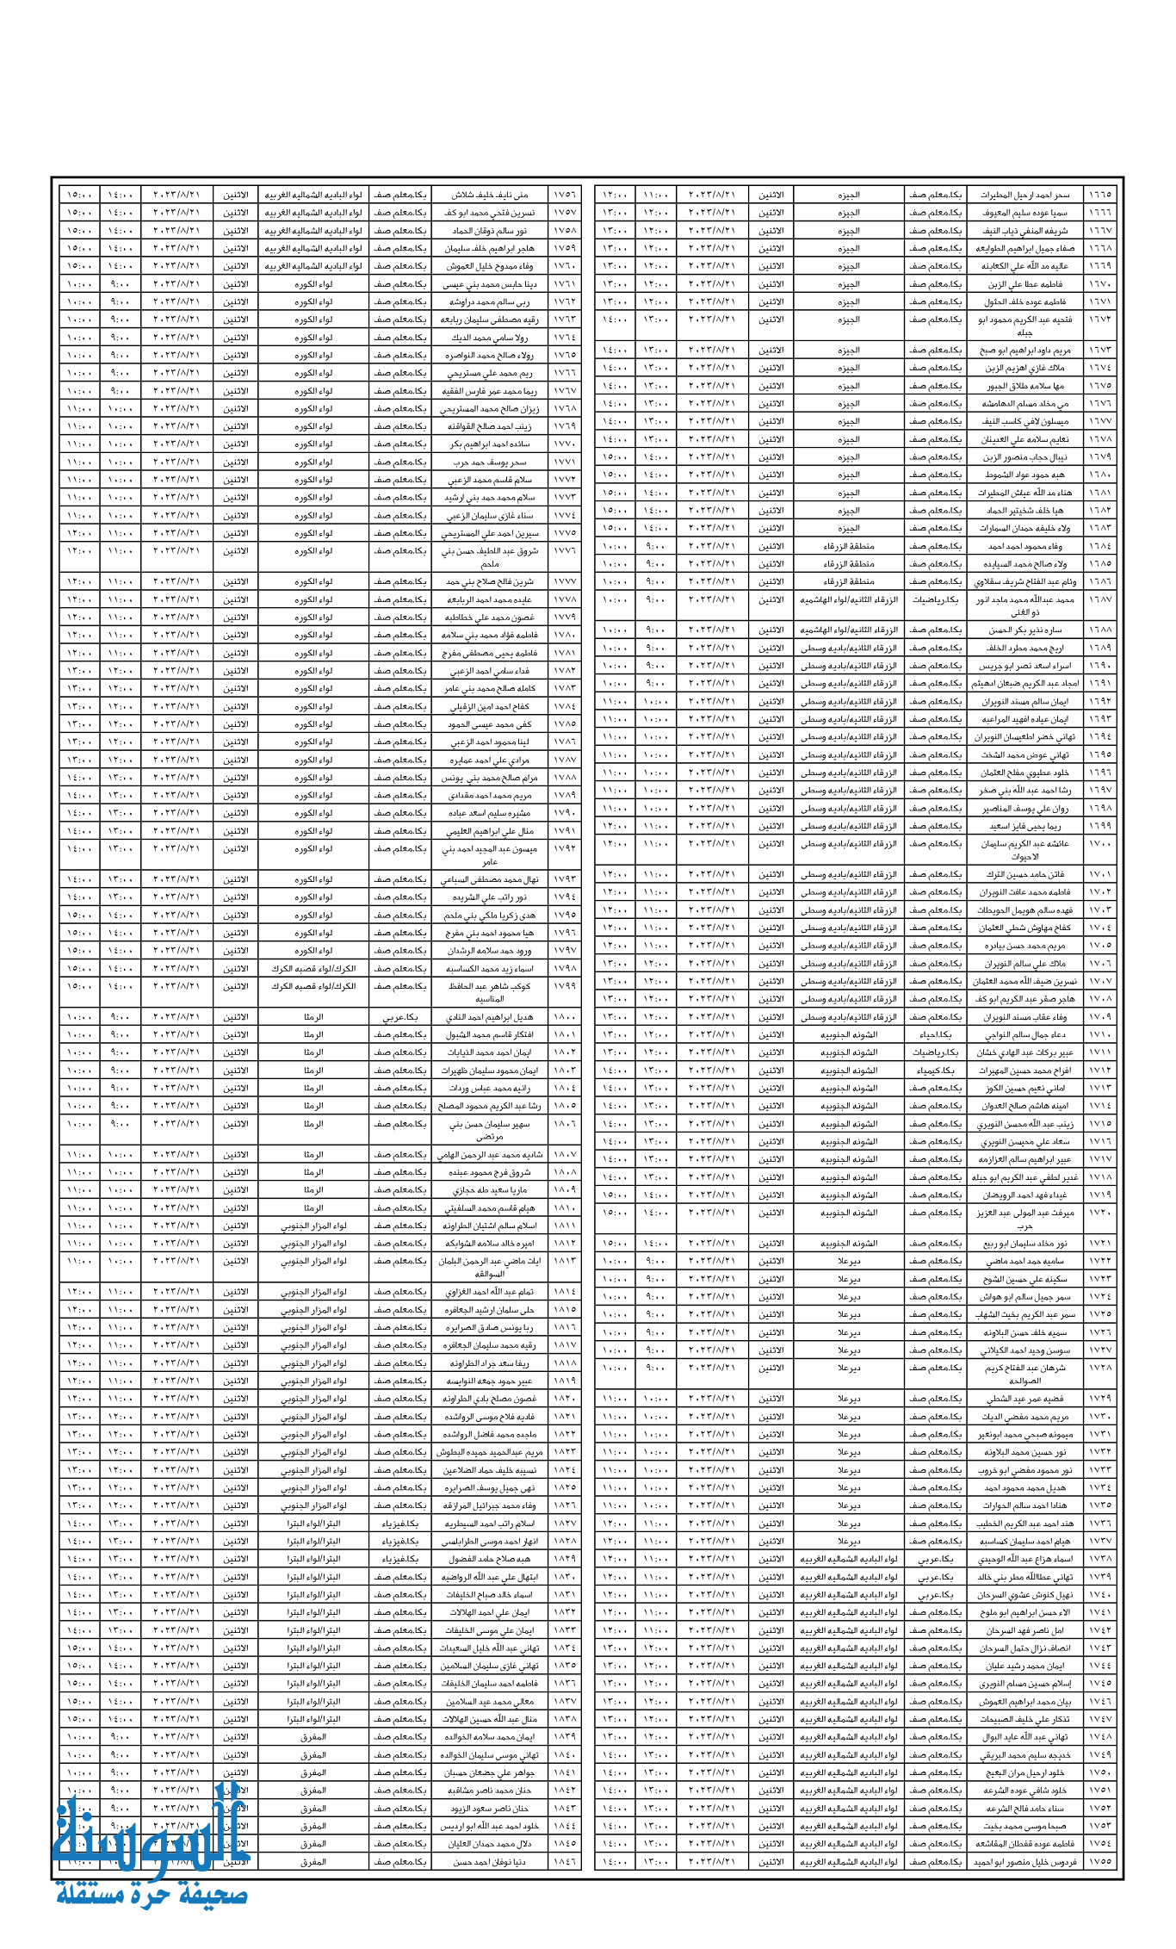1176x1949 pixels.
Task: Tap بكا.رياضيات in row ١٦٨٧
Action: click(935, 599)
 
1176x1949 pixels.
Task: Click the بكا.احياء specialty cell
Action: click(935, 1034)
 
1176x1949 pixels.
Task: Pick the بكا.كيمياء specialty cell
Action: click(935, 1071)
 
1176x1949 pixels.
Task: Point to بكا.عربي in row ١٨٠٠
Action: click(400, 1016)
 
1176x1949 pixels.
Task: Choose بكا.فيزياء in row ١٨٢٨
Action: click(400, 1541)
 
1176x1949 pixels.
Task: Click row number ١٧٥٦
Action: click(565, 195)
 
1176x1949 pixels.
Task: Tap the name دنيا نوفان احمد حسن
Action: click(489, 1861)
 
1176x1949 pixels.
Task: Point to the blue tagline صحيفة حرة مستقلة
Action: click(152, 1896)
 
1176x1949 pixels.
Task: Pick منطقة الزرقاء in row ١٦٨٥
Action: click(849, 564)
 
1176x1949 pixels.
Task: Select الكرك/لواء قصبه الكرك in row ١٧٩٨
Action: click(313, 968)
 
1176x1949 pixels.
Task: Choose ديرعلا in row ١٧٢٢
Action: click(849, 1261)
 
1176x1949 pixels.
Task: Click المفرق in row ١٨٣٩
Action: click(313, 1736)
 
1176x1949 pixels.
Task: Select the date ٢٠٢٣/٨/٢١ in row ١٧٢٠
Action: click(712, 1212)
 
